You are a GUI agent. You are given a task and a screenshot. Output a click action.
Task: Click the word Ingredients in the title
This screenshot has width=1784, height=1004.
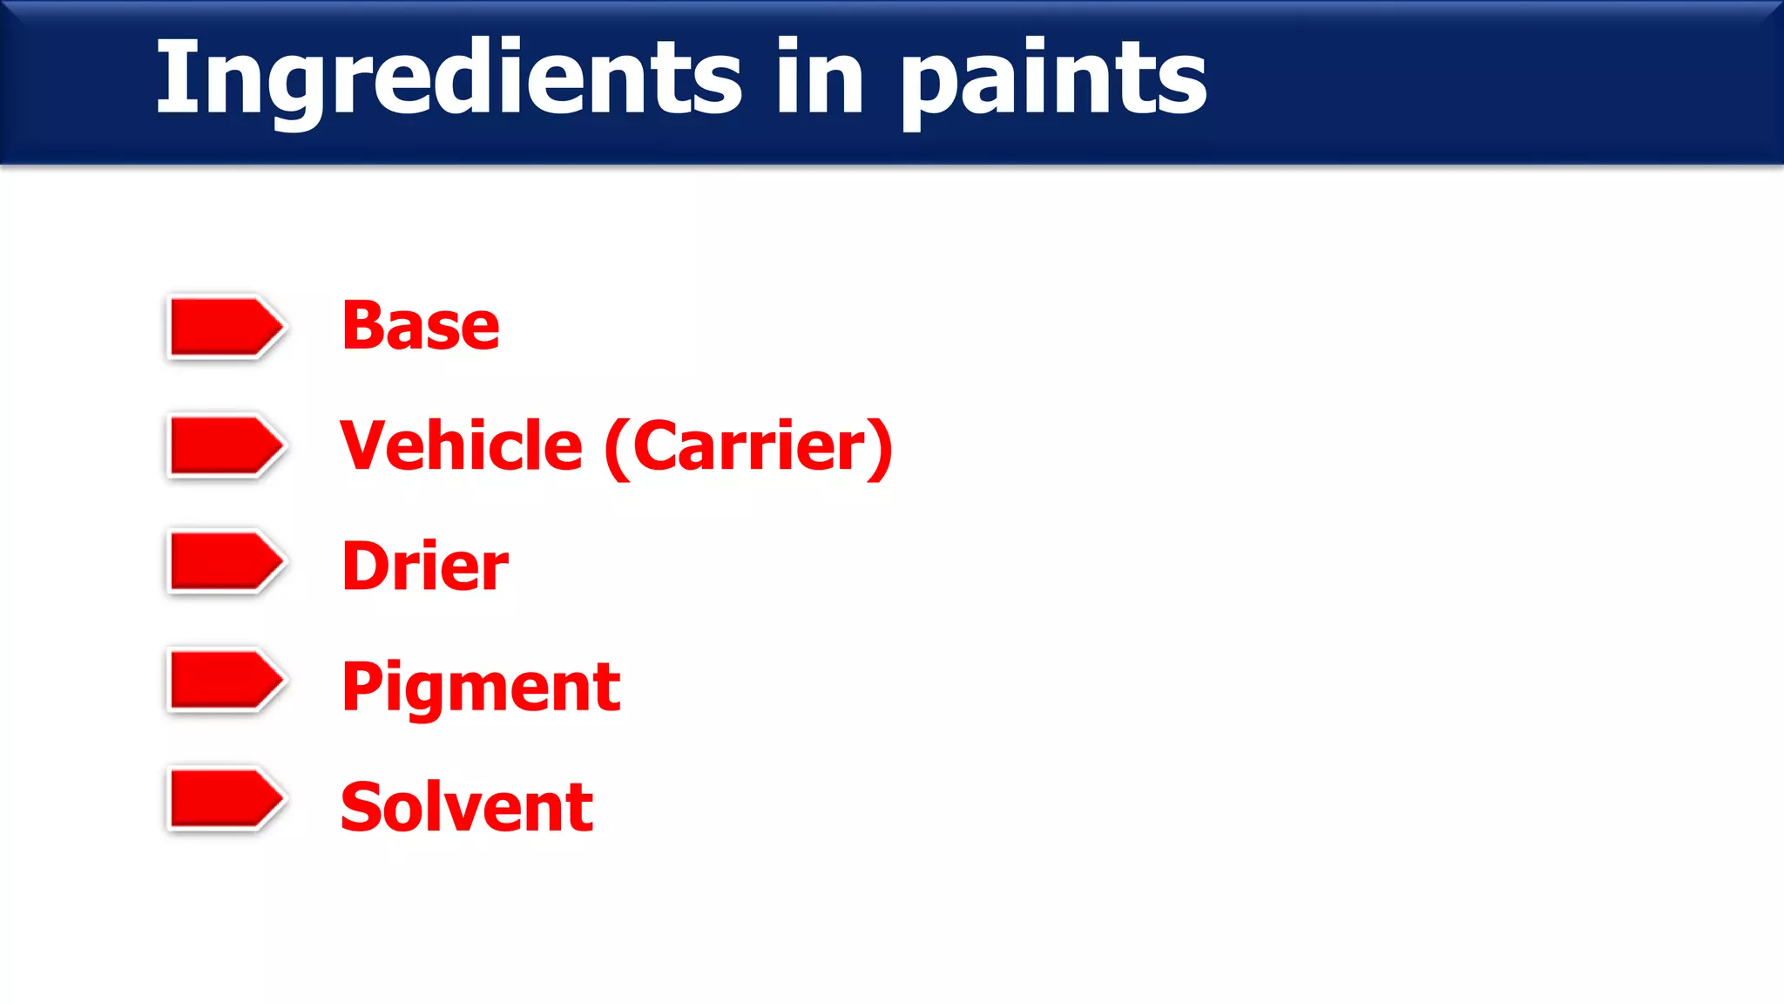449,78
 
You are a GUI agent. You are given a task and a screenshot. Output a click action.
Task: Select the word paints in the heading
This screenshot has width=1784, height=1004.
1053,83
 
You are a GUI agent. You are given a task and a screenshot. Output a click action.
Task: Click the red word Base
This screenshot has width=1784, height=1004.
421,326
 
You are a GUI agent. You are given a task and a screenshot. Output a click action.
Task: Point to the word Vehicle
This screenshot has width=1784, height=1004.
461,445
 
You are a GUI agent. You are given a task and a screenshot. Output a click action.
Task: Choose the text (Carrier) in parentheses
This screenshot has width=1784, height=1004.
748,447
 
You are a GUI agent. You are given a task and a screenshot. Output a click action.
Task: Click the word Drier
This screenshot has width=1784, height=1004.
425,566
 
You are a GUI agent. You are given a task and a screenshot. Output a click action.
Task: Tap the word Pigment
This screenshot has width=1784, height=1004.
481,688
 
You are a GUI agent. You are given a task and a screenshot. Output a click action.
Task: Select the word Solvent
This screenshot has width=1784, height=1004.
467,807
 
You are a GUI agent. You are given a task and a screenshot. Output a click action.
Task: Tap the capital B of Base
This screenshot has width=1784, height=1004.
362,326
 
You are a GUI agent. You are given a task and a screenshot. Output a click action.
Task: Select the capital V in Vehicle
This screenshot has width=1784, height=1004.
363,445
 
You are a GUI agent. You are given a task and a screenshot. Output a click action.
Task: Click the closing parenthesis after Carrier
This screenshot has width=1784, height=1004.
882,448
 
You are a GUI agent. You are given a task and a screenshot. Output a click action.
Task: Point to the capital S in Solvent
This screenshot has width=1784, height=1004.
361,807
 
